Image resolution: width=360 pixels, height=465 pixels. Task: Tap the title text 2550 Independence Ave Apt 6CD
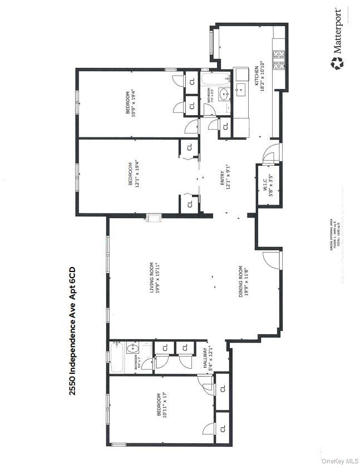(x=72, y=330)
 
